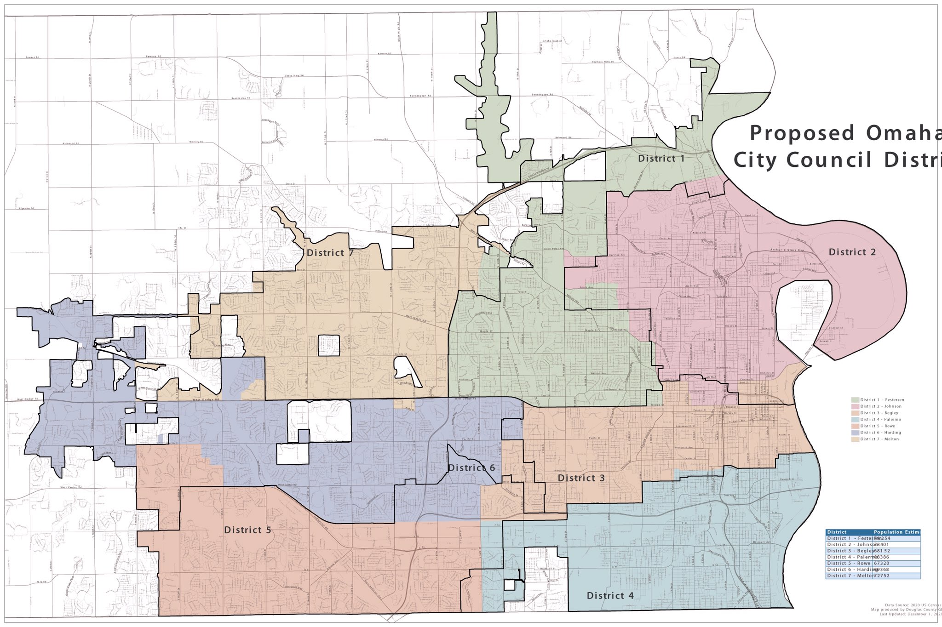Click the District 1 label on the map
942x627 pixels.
[x=661, y=159]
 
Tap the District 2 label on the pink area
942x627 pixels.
[x=852, y=252]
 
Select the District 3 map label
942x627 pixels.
[x=581, y=478]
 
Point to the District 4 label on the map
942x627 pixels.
[x=610, y=596]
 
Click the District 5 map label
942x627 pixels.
[x=247, y=530]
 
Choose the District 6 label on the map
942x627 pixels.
[x=471, y=468]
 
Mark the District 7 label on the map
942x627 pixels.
[x=332, y=253]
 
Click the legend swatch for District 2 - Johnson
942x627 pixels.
[x=855, y=406]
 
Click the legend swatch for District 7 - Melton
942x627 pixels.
[x=855, y=439]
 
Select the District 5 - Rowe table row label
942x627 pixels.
[x=848, y=563]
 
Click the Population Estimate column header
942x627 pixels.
[x=897, y=532]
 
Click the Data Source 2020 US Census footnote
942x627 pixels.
[x=913, y=605]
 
